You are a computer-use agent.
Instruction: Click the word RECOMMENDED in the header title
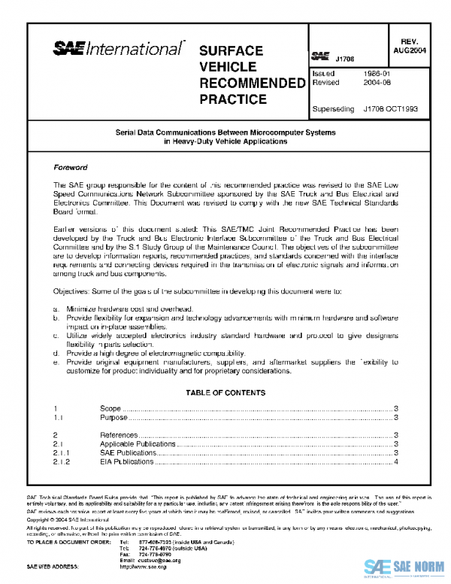click(248, 82)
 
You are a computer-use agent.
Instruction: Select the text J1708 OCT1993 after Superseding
click(390, 108)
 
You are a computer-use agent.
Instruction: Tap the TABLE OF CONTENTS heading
click(225, 393)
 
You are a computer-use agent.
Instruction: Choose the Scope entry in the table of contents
click(110, 408)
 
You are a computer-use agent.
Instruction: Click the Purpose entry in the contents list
click(114, 417)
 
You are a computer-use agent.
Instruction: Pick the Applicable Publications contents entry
click(138, 444)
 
